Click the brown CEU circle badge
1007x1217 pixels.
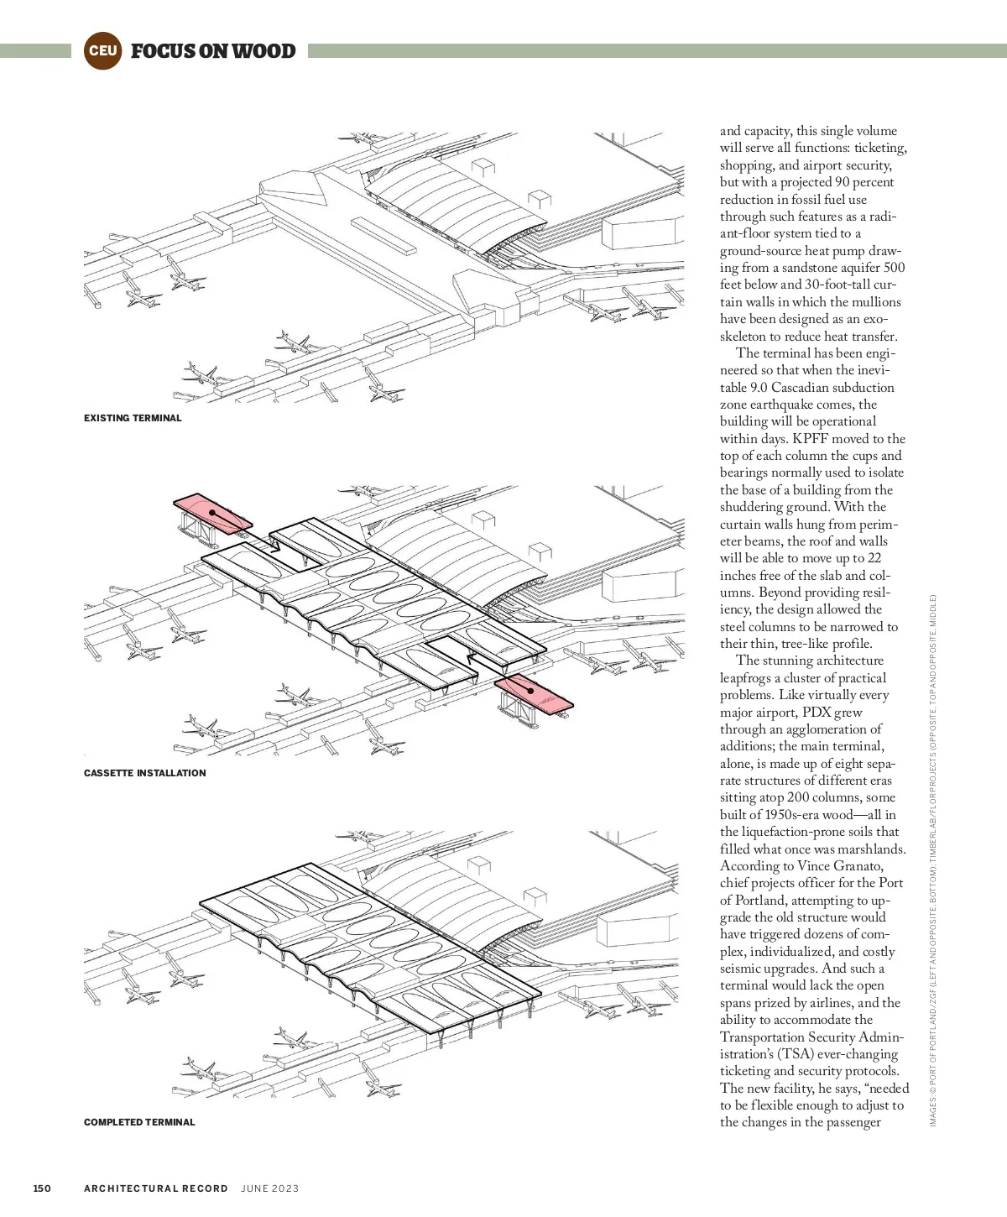pos(102,50)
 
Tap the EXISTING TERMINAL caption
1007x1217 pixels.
pos(133,418)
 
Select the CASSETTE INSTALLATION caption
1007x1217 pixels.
pos(144,773)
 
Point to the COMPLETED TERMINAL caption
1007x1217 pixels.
pos(139,1122)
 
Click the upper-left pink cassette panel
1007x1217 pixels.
pos(210,512)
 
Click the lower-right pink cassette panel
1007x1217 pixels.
pos(534,693)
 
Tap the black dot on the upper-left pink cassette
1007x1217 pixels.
pos(212,512)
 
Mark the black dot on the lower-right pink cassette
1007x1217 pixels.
pos(530,691)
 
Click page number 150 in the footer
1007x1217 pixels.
pos(42,1188)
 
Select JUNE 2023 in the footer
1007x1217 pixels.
pos(269,1188)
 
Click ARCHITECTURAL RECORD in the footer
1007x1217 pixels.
pos(156,1188)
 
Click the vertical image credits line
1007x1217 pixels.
pos(933,860)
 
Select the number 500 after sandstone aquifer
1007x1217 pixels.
pos(894,268)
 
